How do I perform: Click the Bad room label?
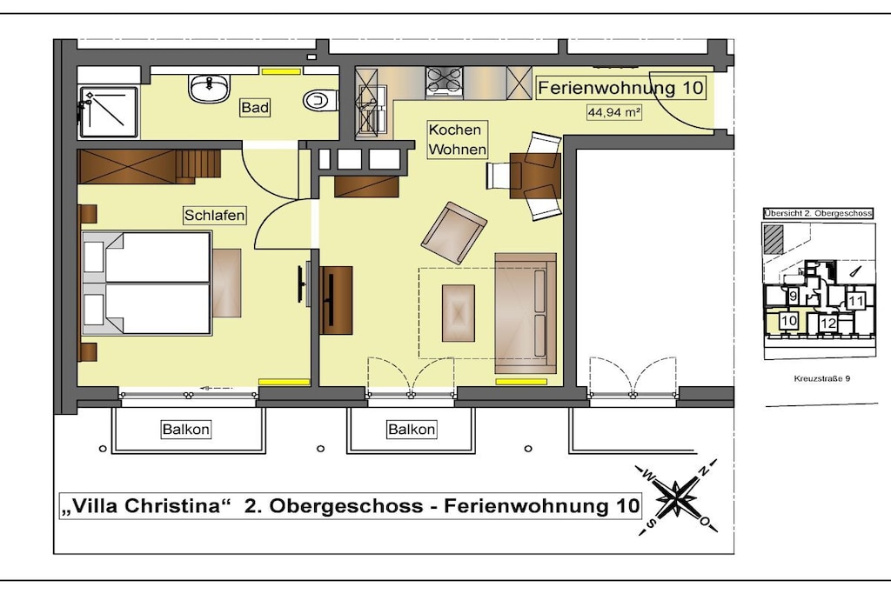pyautogui.click(x=255, y=107)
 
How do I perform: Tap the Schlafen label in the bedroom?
pyautogui.click(x=214, y=215)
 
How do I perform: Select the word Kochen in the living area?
pyautogui.click(x=454, y=130)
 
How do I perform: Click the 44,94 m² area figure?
pyautogui.click(x=614, y=112)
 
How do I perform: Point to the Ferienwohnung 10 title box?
pyautogui.click(x=621, y=88)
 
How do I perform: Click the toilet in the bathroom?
pyautogui.click(x=321, y=101)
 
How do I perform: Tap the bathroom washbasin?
pyautogui.click(x=210, y=88)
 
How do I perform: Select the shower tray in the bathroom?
pyautogui.click(x=109, y=112)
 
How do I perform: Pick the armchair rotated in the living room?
pyautogui.click(x=453, y=233)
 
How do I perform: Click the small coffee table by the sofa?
pyautogui.click(x=458, y=313)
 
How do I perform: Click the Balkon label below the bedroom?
pyautogui.click(x=186, y=429)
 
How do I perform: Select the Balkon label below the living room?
pyautogui.click(x=412, y=429)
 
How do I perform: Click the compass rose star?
pyautogui.click(x=675, y=498)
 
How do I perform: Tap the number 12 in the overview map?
pyautogui.click(x=828, y=324)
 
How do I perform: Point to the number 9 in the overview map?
pyautogui.click(x=794, y=296)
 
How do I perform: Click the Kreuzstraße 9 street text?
pyautogui.click(x=821, y=379)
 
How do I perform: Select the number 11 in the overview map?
pyautogui.click(x=855, y=301)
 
